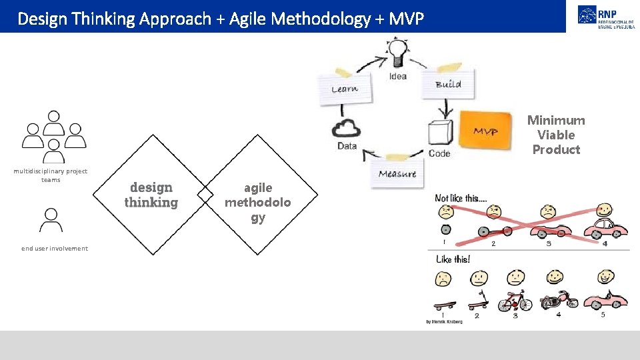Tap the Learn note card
(x=345, y=88)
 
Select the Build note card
(x=447, y=84)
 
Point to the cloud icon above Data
(x=347, y=127)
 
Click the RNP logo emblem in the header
(x=587, y=15)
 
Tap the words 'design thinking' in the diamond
(x=151, y=195)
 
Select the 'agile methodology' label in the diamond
(x=257, y=203)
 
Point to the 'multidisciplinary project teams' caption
(x=51, y=175)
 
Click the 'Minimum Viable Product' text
(x=556, y=135)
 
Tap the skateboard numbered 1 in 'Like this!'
(x=445, y=305)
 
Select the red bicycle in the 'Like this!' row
(x=515, y=302)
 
